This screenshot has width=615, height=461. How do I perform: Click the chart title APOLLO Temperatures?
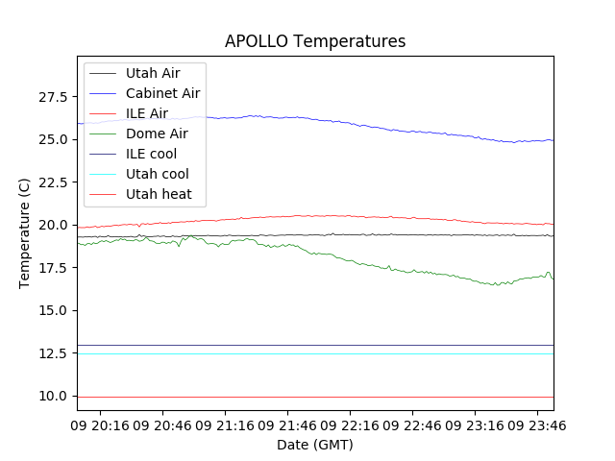[x=315, y=41]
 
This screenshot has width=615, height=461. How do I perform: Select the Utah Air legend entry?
[x=152, y=73]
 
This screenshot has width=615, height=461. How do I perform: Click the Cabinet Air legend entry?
[x=162, y=93]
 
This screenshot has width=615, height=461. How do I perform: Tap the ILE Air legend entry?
[x=146, y=113]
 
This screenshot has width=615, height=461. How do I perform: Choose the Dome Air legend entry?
[x=157, y=133]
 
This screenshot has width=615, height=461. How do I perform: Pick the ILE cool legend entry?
[x=151, y=154]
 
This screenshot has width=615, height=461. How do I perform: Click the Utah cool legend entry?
[x=157, y=174]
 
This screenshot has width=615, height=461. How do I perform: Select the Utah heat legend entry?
[x=159, y=194]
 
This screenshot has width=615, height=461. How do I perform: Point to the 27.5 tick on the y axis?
[x=52, y=97]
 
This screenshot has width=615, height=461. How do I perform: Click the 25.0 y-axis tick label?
[x=52, y=139]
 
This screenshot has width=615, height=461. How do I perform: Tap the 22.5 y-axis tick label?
[x=52, y=182]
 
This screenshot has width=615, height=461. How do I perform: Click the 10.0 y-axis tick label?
[x=52, y=396]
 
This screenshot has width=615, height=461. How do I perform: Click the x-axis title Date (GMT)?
[x=315, y=445]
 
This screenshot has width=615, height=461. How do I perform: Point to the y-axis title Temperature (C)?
[x=25, y=233]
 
